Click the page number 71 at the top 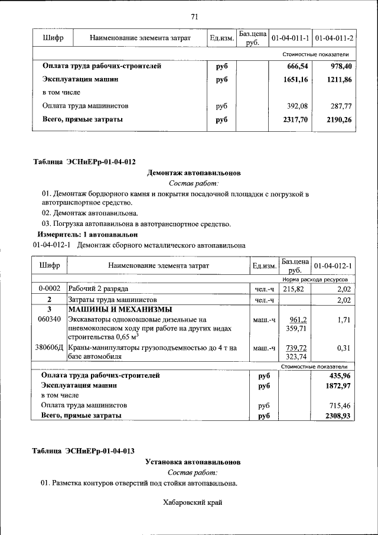pyautogui.click(x=194, y=17)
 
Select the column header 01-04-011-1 pyautogui.click(x=290, y=38)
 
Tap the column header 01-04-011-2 pyautogui.click(x=334, y=38)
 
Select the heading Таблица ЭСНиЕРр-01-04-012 pyautogui.click(x=84, y=161)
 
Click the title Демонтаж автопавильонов pyautogui.click(x=194, y=173)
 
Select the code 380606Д pyautogui.click(x=50, y=348)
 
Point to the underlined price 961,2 pyautogui.click(x=296, y=319)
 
